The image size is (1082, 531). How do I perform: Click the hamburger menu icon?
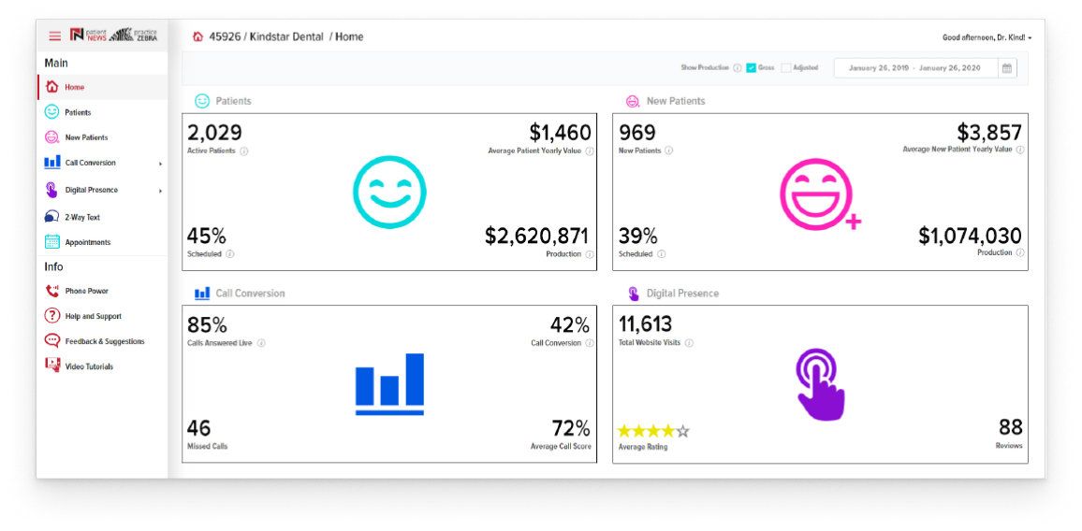pyautogui.click(x=54, y=36)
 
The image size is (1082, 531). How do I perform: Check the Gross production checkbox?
pyautogui.click(x=752, y=68)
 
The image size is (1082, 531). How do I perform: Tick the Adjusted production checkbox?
pyautogui.click(x=786, y=68)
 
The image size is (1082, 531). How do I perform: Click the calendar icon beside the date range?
pyautogui.click(x=1007, y=68)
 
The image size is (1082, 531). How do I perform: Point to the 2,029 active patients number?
pyautogui.click(x=214, y=133)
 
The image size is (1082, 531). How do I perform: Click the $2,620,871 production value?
pyautogui.click(x=537, y=236)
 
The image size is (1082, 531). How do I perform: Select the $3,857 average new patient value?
pyautogui.click(x=989, y=133)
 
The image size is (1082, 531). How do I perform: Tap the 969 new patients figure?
pyautogui.click(x=637, y=133)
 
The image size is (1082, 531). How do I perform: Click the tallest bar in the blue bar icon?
pyautogui.click(x=415, y=380)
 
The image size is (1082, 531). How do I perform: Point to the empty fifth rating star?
pyautogui.click(x=682, y=432)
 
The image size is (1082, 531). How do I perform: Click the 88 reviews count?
pyautogui.click(x=1011, y=427)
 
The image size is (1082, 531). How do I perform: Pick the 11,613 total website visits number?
pyautogui.click(x=645, y=324)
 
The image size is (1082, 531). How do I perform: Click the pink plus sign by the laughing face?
pyautogui.click(x=854, y=222)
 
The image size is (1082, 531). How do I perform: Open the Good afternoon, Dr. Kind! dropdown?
pyautogui.click(x=987, y=37)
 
